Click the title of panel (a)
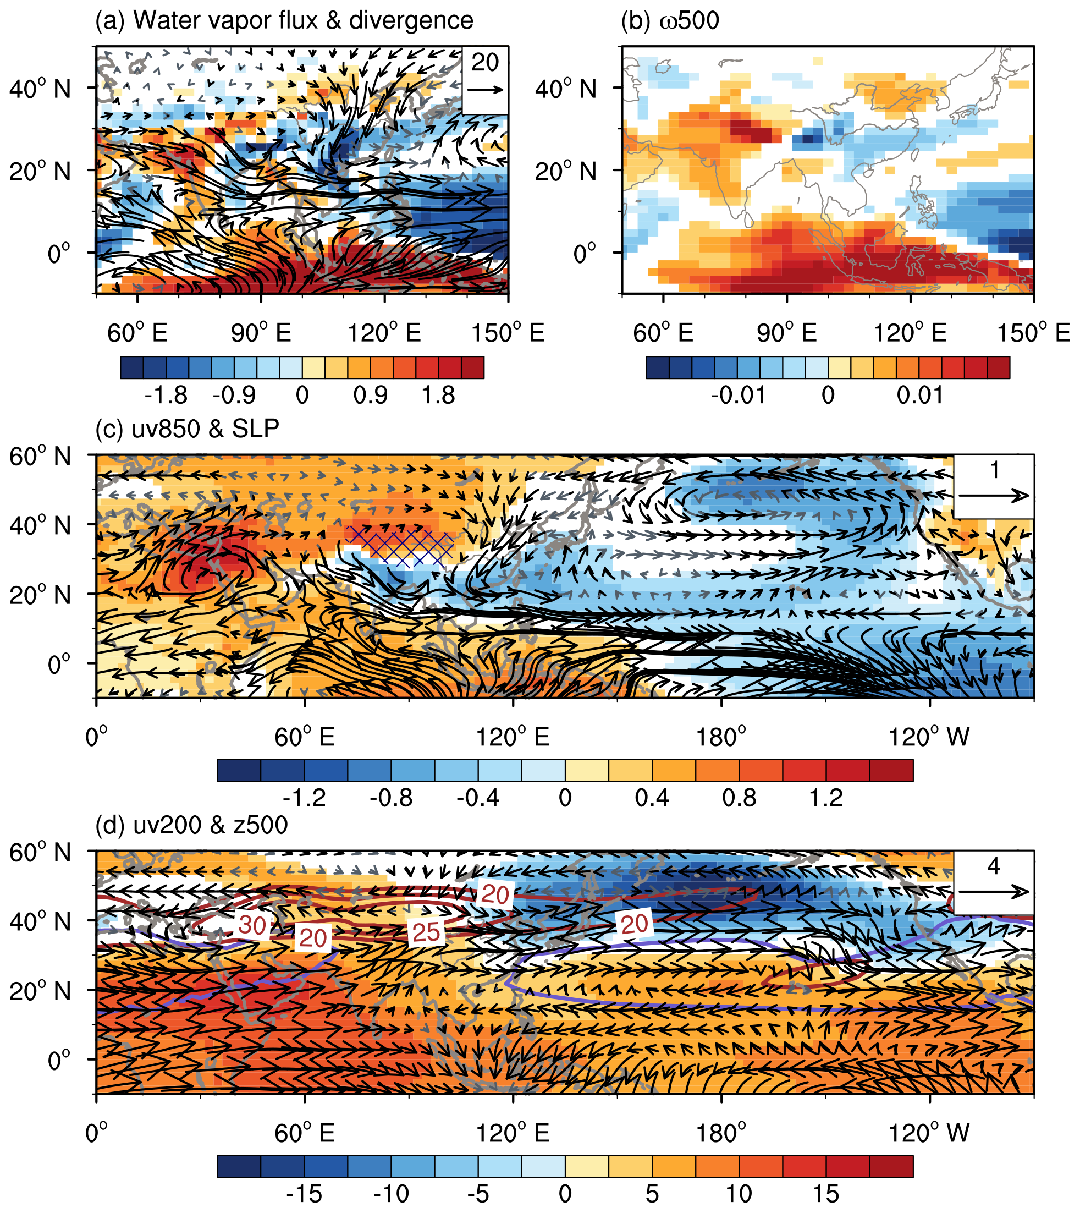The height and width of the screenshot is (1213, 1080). click(x=284, y=21)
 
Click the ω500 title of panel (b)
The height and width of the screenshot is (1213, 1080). click(x=670, y=21)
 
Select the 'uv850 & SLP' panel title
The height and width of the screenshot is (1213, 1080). click(x=188, y=429)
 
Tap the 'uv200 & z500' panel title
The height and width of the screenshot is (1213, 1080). click(x=192, y=825)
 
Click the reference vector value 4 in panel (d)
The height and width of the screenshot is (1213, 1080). click(x=993, y=866)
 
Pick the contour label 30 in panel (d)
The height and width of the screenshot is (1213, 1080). click(x=252, y=924)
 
